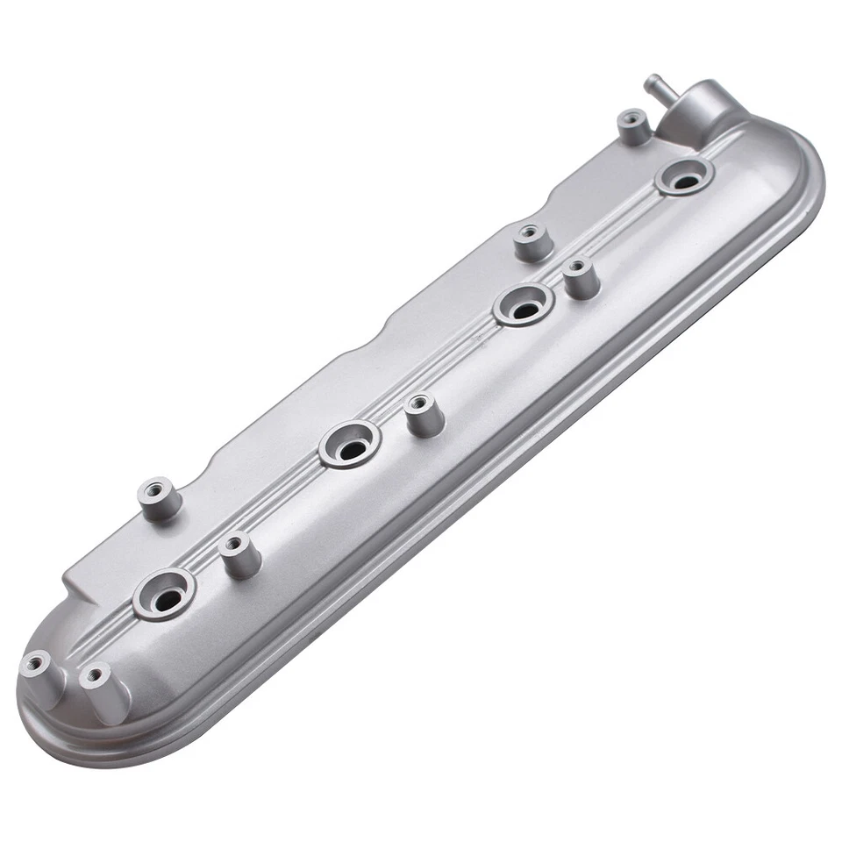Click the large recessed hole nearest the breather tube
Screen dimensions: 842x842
click(x=684, y=176)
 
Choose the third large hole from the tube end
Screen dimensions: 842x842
click(x=350, y=445)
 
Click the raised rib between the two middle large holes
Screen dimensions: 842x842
click(x=439, y=373)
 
